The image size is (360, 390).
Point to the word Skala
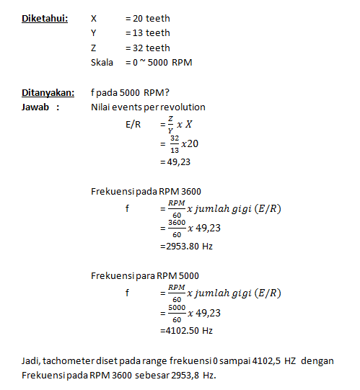point(102,62)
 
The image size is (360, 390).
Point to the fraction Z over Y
point(170,125)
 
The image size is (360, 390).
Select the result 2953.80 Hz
point(189,246)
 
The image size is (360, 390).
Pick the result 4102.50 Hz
point(189,330)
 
